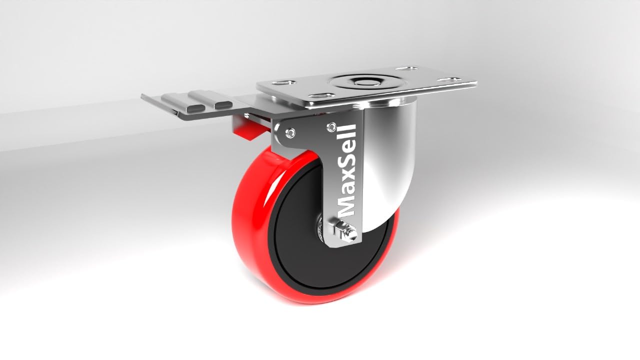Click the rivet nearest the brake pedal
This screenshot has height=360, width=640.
pyautogui.click(x=291, y=132)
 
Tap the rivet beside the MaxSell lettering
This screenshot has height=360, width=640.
pyautogui.click(x=332, y=127)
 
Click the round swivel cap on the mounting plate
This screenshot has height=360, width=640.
pyautogui.click(x=362, y=82)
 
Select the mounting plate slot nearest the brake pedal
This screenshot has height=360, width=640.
pyautogui.click(x=283, y=83)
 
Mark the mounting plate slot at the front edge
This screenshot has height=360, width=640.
pyautogui.click(x=323, y=95)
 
